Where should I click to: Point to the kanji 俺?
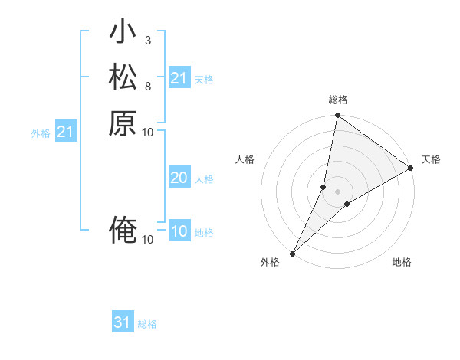point(123,231)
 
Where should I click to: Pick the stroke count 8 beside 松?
point(148,86)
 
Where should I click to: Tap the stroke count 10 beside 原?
point(148,132)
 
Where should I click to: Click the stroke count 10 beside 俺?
point(148,240)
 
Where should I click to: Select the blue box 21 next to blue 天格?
point(179,78)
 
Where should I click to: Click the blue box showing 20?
point(179,178)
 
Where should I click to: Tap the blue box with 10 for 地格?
point(179,232)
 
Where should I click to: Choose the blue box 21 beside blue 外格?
point(66,133)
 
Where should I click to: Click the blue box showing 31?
point(123,323)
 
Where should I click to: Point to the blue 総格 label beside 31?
point(147,324)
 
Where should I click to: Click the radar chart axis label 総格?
point(337,100)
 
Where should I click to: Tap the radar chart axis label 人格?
point(245,159)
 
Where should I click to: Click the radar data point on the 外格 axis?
point(293,253)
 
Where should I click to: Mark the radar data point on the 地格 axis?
point(347,204)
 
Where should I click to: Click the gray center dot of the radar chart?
point(337,191)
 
